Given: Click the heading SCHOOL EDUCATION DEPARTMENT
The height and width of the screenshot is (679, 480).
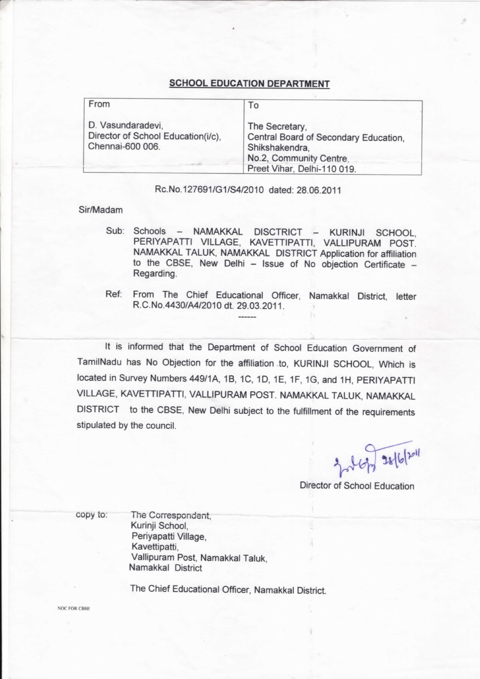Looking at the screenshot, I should (x=249, y=84).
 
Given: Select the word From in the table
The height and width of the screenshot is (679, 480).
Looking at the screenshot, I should (x=99, y=104).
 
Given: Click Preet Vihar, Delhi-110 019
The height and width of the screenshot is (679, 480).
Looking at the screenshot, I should (x=302, y=169).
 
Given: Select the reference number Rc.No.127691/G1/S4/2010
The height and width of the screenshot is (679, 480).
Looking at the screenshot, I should (x=209, y=190).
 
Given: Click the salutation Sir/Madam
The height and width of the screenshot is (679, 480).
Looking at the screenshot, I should (x=101, y=210).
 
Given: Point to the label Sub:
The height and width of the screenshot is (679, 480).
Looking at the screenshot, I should (x=115, y=231).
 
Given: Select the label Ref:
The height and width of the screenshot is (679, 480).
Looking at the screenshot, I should (x=114, y=294).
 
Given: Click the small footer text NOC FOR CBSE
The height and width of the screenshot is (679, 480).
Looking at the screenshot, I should (x=74, y=609).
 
